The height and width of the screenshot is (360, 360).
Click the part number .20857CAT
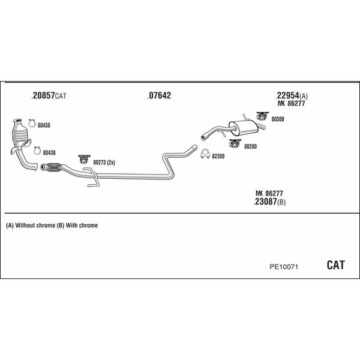[49, 96]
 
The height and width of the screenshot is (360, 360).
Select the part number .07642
[159, 96]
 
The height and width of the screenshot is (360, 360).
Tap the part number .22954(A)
[292, 96]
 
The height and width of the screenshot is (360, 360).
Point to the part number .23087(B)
[269, 202]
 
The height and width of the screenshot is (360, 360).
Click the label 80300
[278, 119]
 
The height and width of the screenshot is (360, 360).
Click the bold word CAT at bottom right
[335, 265]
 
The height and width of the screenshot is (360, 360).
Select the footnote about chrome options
[52, 226]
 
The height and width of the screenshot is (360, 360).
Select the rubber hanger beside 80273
[83, 160]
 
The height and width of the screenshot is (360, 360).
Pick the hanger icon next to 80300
[262, 115]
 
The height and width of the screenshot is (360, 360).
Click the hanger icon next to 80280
[235, 143]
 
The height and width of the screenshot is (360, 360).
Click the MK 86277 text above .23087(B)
[269, 193]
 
